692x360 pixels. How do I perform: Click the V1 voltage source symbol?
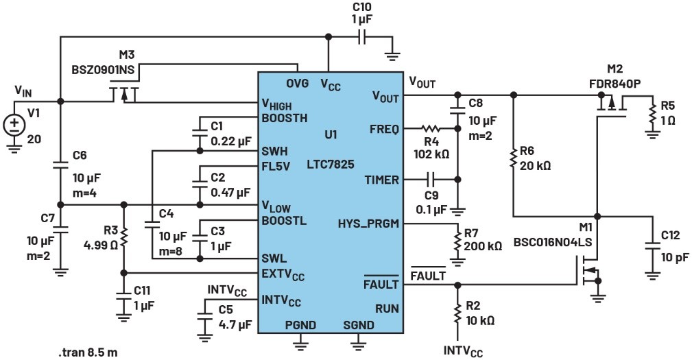tap(14, 125)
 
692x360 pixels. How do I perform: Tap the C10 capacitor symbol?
tap(362, 38)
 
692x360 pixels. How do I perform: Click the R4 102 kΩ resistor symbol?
tap(431, 129)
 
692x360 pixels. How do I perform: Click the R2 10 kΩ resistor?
tap(457, 314)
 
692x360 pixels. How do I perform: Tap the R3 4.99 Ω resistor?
tap(124, 237)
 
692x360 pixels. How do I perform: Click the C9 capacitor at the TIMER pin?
tap(431, 179)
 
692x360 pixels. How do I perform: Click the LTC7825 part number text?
tap(331, 165)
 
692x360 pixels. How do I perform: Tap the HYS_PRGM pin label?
tap(368, 224)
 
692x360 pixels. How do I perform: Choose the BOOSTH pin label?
tap(285, 118)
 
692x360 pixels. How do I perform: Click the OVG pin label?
tap(298, 83)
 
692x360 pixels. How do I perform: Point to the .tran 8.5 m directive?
tap(88, 352)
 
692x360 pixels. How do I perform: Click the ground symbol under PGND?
tap(300, 342)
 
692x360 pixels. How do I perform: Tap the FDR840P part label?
tap(615, 84)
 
